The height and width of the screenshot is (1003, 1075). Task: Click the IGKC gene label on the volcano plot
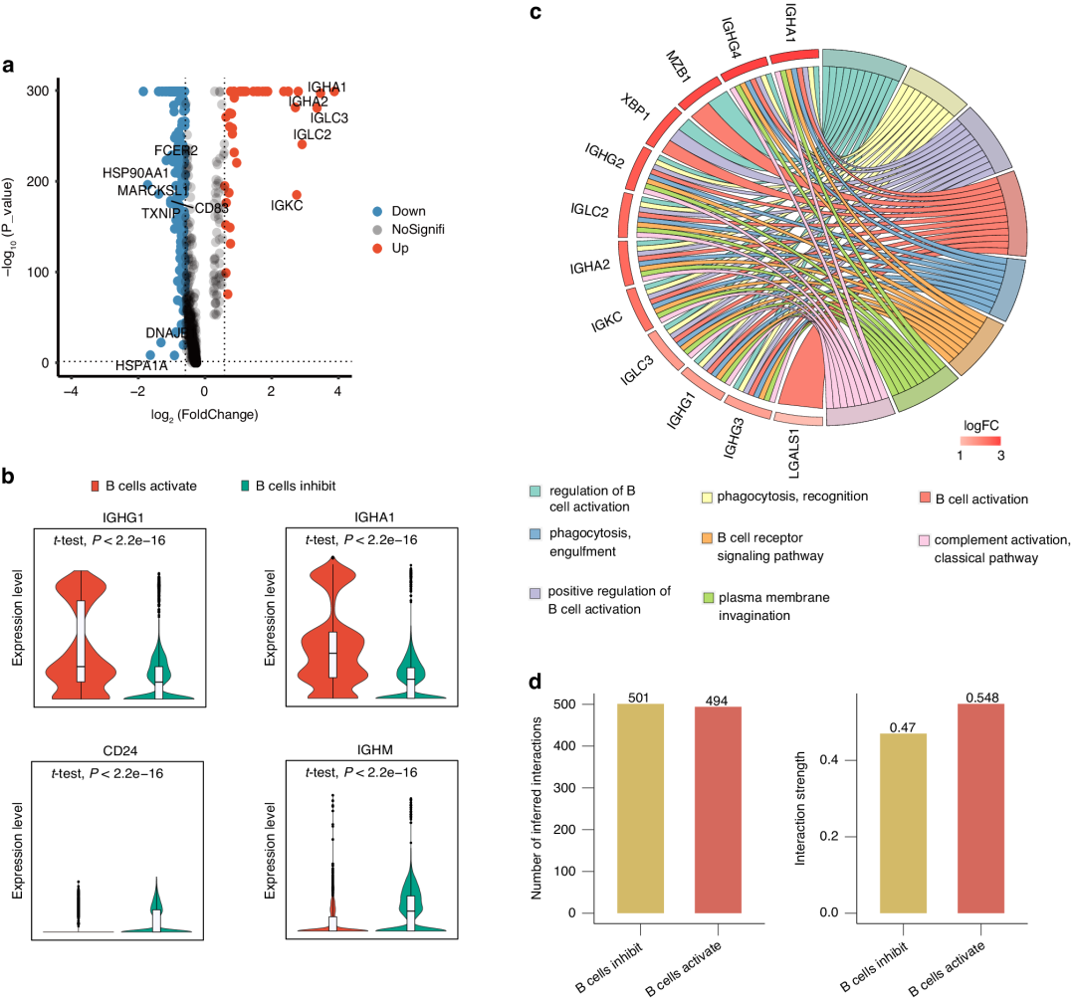[x=287, y=206]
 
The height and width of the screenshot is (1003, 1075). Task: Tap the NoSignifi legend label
[x=421, y=230]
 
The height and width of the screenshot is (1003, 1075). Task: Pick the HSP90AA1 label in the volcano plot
[x=135, y=172]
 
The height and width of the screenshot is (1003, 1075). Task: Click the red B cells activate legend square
[x=97, y=487]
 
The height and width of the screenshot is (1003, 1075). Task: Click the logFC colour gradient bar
[x=980, y=441]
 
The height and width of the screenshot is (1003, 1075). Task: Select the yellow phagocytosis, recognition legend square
[x=705, y=495]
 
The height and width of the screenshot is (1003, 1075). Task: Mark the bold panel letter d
[x=536, y=684]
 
